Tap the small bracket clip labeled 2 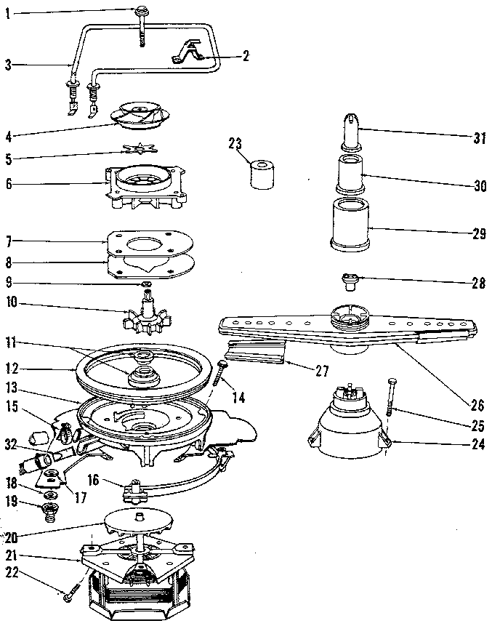[x=186, y=52]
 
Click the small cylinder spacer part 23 [x=264, y=174]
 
